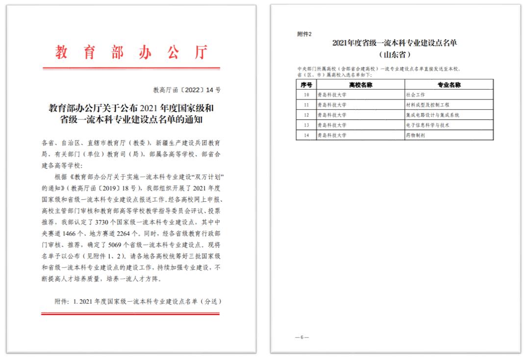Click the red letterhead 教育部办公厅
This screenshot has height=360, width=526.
pyautogui.click(x=131, y=52)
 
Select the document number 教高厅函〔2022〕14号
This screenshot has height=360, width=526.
pyautogui.click(x=187, y=90)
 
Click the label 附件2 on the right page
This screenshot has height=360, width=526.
pyautogui.click(x=304, y=34)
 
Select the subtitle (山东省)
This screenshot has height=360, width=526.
pyautogui.click(x=394, y=54)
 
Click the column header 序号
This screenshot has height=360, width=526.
pyautogui.click(x=306, y=85)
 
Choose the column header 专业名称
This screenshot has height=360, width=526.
pyautogui.click(x=448, y=85)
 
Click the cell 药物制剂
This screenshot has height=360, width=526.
pyautogui.click(x=415, y=135)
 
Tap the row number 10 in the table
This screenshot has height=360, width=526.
pyautogui.click(x=306, y=95)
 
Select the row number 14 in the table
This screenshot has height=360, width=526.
pyautogui.click(x=306, y=135)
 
